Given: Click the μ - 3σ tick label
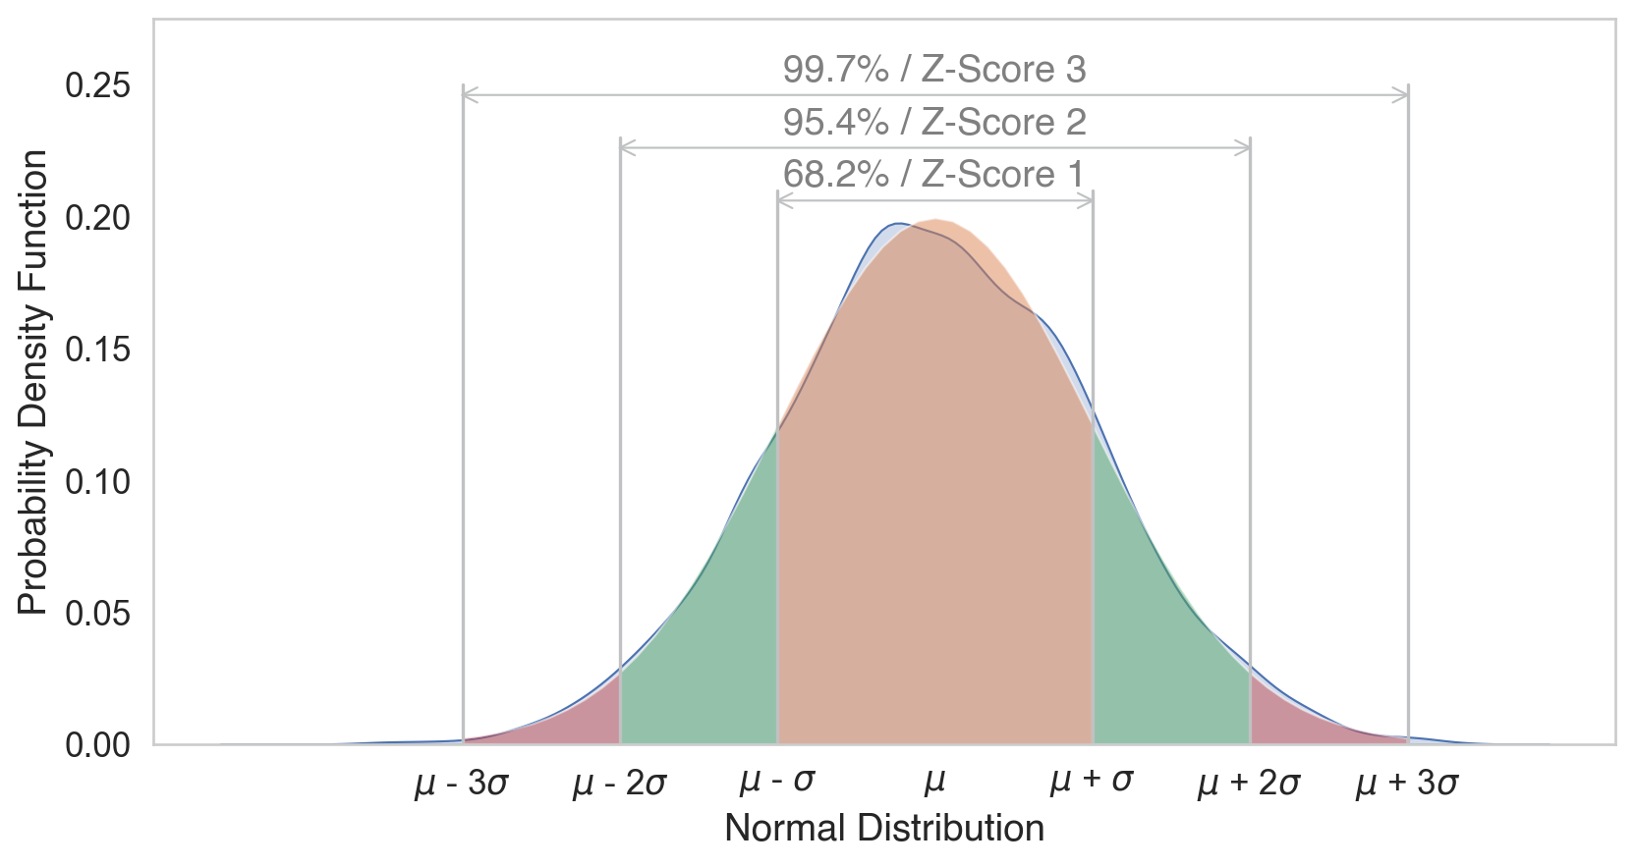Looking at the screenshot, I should point(462,784).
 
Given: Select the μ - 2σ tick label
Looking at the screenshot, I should point(620,784).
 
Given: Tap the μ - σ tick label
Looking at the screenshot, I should point(777,782).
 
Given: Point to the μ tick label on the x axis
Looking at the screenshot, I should point(935,782).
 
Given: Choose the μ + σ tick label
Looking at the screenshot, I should point(1092,782).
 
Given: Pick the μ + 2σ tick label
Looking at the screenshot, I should point(1249,784).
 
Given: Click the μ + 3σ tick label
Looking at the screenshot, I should point(1407,784).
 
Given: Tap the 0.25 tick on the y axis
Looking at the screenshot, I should point(97,86).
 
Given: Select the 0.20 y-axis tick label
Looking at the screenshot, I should point(97,218).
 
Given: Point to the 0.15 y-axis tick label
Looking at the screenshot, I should point(97,350).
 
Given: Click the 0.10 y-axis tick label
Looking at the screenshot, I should point(97,481).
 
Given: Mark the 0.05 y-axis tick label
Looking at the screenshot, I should point(97,614).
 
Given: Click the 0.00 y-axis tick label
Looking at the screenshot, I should point(97,745).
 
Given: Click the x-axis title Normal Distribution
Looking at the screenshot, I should point(884,829).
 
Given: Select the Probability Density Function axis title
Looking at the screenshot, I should point(33,383).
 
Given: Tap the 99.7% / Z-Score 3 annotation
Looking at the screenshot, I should point(934,70).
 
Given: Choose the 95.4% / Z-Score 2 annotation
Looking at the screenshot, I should point(934,123).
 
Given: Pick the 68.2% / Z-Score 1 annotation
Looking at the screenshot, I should point(933,175).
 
